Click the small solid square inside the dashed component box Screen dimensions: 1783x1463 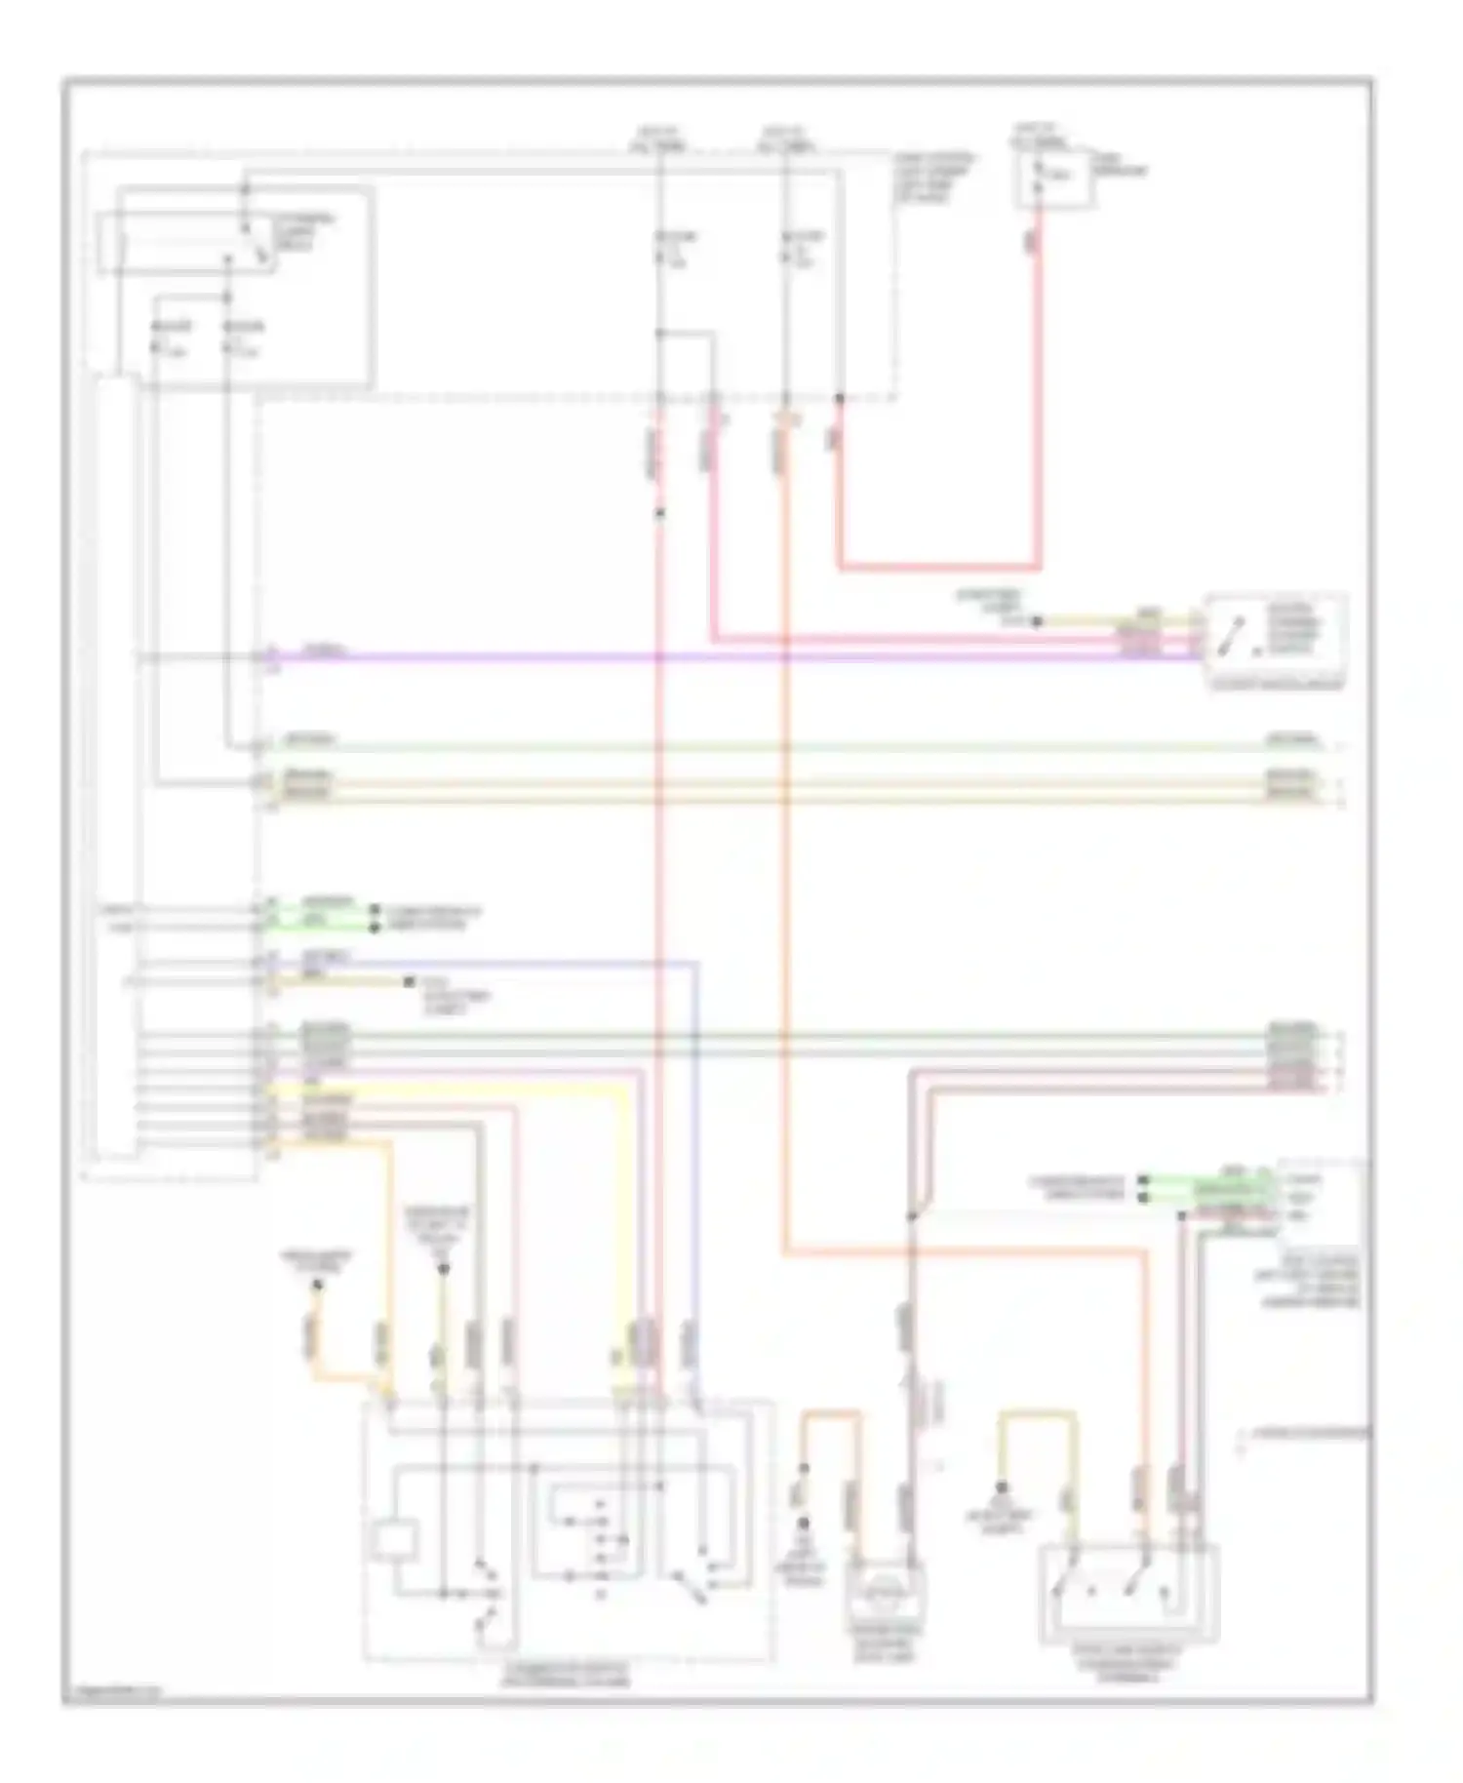point(394,1540)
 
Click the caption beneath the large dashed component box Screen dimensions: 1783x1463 point(566,1675)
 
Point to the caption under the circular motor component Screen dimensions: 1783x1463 point(886,1648)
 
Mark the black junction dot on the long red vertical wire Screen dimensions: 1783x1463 point(660,512)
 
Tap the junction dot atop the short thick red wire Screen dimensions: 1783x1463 point(839,399)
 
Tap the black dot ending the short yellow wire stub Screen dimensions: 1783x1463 point(410,982)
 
